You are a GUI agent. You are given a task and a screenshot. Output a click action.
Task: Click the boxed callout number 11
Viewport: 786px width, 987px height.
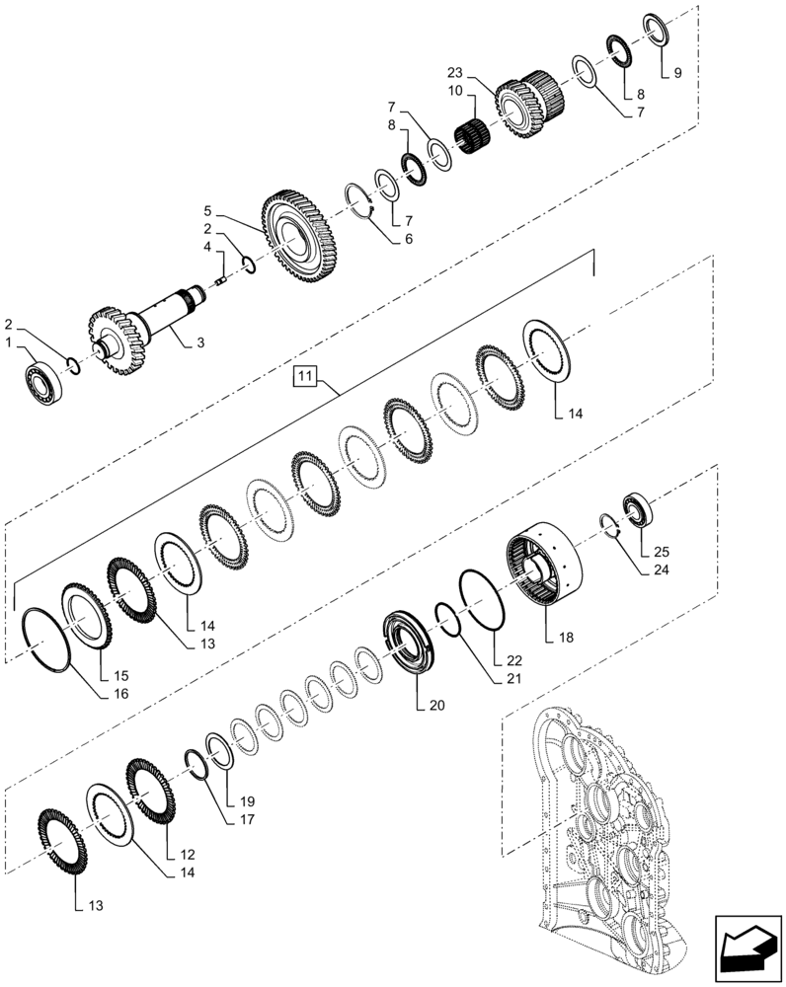point(304,375)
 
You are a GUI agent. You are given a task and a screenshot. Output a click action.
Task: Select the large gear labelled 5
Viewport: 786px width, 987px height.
point(300,238)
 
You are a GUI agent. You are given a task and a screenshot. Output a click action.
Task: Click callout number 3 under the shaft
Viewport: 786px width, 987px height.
point(199,342)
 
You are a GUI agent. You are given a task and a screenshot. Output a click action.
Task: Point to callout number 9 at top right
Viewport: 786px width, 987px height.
point(676,74)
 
